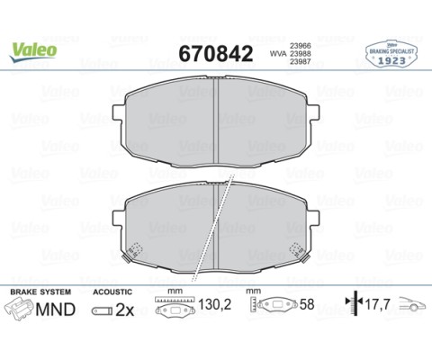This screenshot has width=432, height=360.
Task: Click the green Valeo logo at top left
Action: tap(33, 48)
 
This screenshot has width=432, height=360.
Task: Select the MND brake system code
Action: tap(58, 311)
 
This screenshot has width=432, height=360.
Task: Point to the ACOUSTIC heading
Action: tap(112, 292)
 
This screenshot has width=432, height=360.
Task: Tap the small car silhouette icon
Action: tap(412, 306)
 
